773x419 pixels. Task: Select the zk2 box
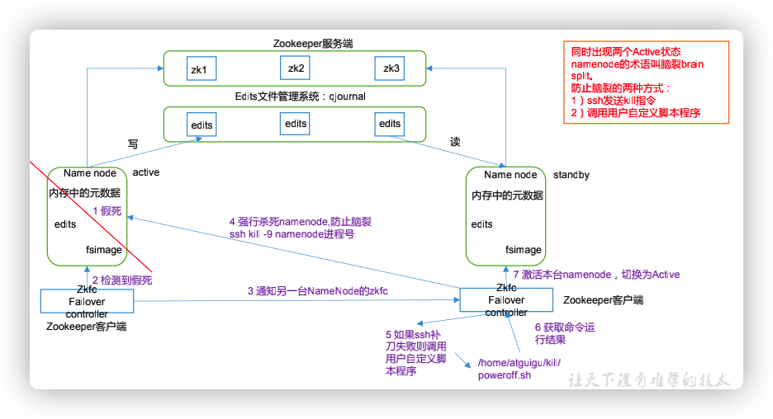(x=296, y=68)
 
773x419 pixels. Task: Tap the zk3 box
(x=391, y=68)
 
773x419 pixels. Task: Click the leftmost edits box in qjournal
(x=202, y=125)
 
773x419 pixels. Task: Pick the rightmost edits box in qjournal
(x=390, y=124)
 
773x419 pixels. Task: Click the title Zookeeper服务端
(x=295, y=42)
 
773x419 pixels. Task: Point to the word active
(x=146, y=172)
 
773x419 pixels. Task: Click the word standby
(x=571, y=175)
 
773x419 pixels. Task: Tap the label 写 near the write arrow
(x=133, y=143)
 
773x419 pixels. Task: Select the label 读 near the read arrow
(x=455, y=142)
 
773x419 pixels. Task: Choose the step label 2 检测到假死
(x=122, y=280)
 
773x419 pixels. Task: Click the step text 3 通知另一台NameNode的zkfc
(x=317, y=291)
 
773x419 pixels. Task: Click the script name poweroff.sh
(x=504, y=375)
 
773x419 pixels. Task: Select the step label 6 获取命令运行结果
(x=564, y=333)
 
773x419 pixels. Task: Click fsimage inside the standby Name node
(x=524, y=249)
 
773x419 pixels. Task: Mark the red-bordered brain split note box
(x=647, y=82)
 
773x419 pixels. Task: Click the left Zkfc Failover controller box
(x=87, y=301)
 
